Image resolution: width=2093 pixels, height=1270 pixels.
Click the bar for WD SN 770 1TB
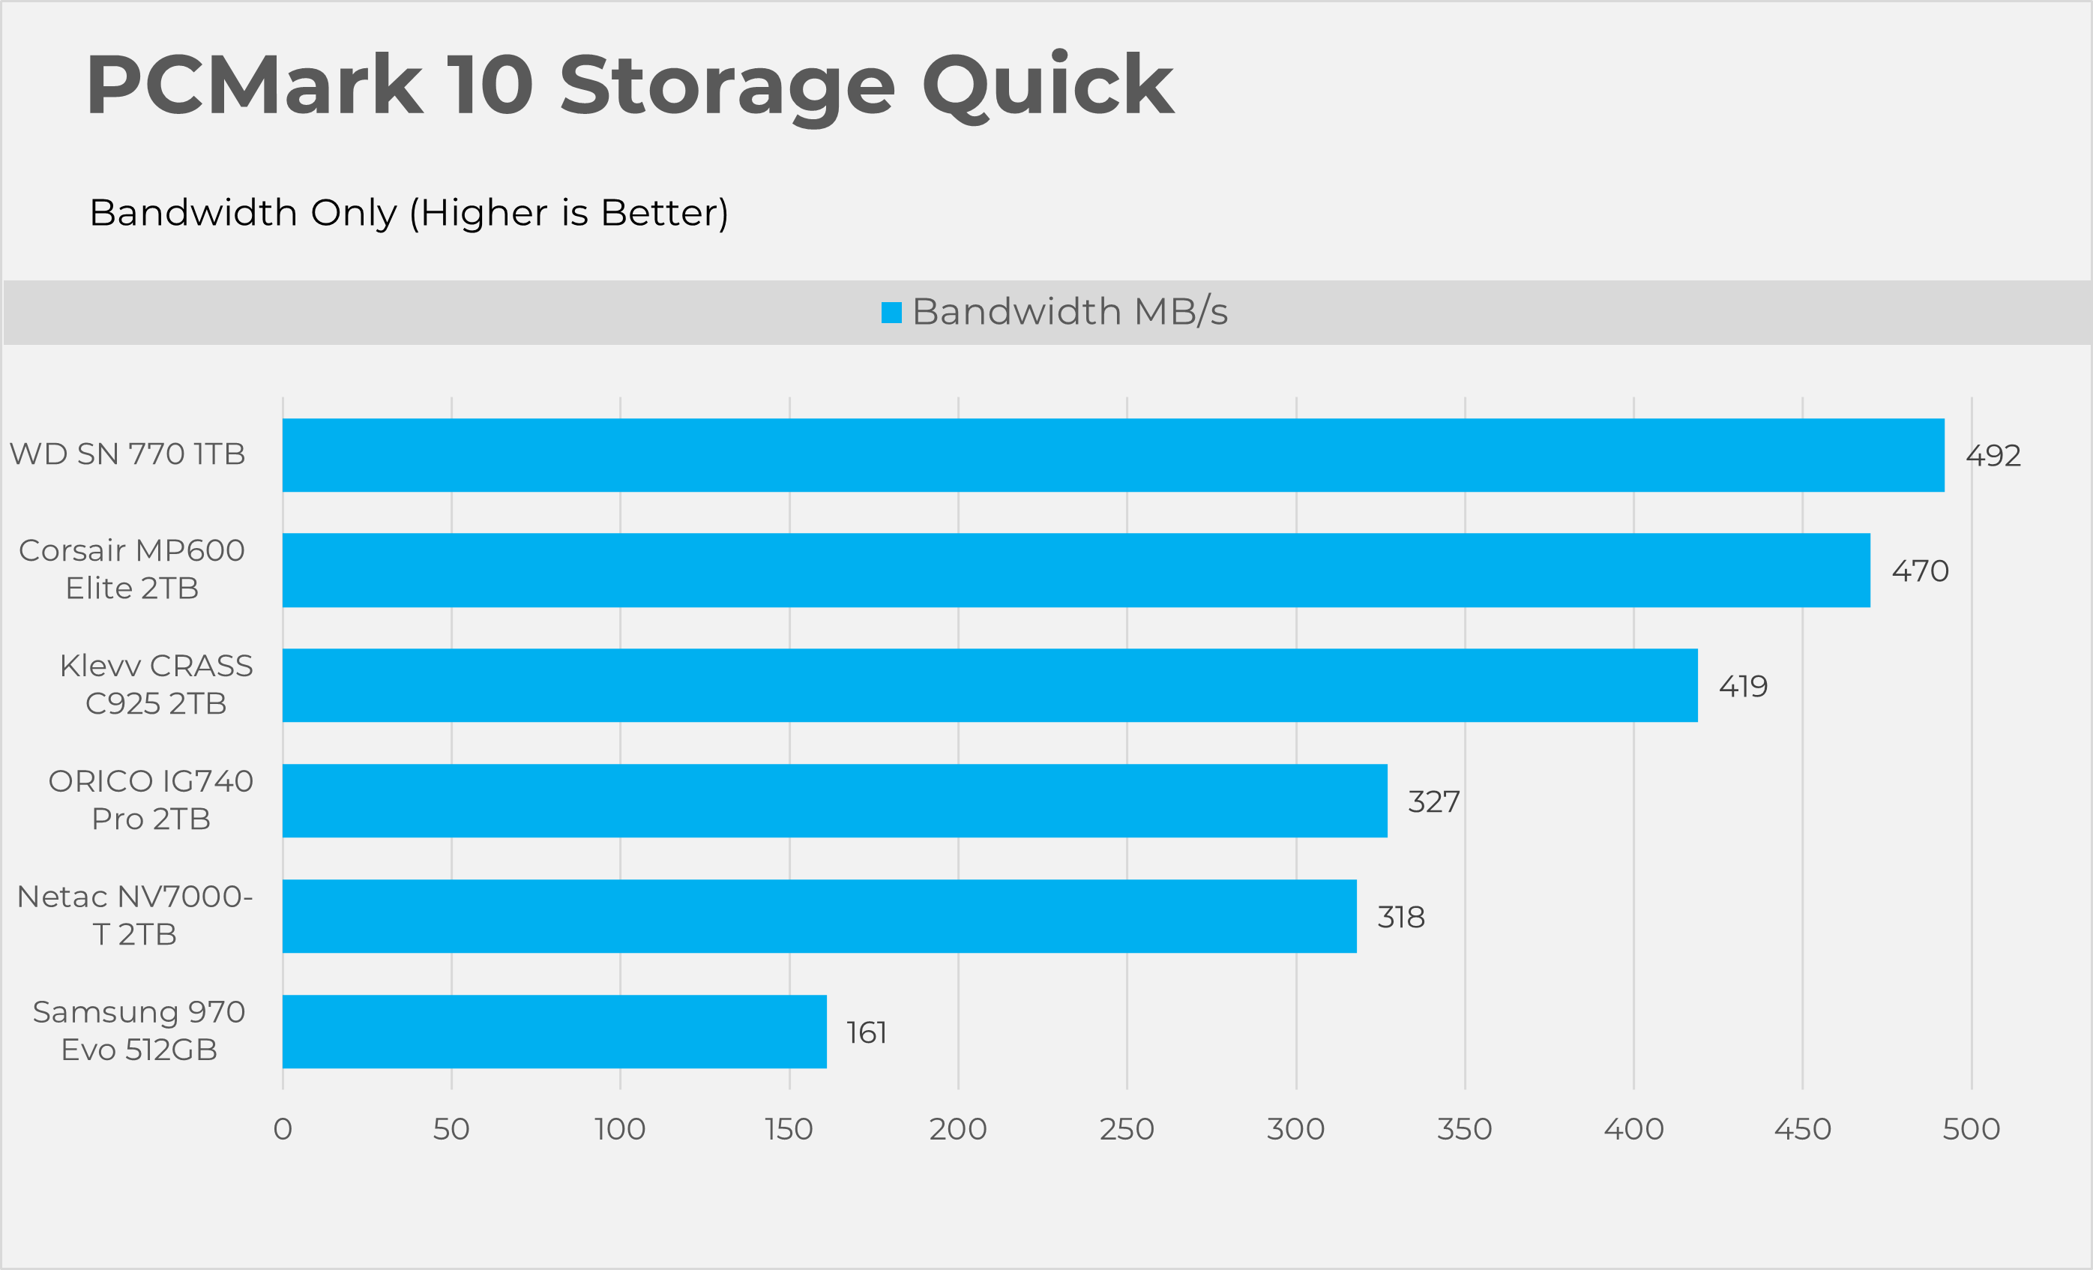click(1112, 454)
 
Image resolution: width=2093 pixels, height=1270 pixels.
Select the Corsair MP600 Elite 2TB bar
click(1076, 570)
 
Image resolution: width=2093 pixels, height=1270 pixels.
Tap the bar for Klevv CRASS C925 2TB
click(990, 685)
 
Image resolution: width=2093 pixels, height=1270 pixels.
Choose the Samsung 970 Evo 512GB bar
click(554, 1032)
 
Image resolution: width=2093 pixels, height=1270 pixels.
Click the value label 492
click(1993, 456)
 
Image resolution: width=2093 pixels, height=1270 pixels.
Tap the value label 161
click(867, 1033)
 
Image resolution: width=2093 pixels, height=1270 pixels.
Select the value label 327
click(1434, 802)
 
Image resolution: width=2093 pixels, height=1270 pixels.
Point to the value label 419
click(1743, 687)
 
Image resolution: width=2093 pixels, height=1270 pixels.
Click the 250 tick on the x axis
click(1127, 1129)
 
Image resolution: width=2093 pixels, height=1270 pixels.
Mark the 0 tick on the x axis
click(283, 1129)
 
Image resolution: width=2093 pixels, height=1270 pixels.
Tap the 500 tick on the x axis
click(1971, 1129)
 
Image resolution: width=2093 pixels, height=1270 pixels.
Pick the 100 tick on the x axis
click(620, 1129)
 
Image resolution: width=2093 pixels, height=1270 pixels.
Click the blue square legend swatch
click(891, 313)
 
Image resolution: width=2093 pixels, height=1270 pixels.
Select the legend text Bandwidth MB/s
click(1070, 312)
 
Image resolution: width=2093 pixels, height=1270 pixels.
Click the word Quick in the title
click(1048, 85)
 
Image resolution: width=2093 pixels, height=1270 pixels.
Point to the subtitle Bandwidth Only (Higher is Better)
click(409, 212)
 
